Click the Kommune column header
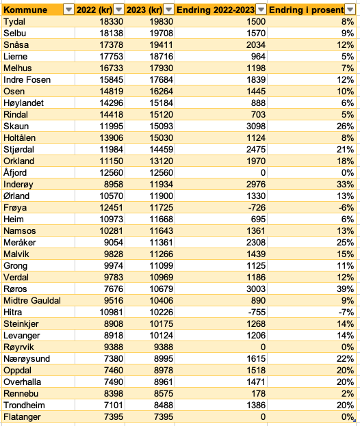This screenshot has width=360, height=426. click(x=25, y=10)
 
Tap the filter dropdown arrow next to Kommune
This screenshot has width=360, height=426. click(x=68, y=10)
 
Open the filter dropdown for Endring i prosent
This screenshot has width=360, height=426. click(x=350, y=10)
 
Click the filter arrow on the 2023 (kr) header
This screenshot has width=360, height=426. click(x=168, y=10)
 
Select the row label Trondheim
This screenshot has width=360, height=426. click(x=24, y=405)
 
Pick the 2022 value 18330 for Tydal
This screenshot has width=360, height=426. click(x=111, y=22)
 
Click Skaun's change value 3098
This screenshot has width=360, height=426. click(x=256, y=127)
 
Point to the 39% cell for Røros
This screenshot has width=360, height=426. click(x=346, y=289)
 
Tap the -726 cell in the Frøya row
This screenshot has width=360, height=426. click(x=257, y=208)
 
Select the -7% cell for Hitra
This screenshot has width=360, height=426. click(x=346, y=312)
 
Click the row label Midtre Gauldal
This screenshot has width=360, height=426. click(x=32, y=301)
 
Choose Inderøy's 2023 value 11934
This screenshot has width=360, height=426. click(x=162, y=185)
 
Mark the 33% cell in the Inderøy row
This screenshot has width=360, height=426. click(x=346, y=185)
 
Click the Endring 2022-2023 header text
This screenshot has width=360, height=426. click(x=216, y=10)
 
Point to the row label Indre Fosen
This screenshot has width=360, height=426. click(x=27, y=80)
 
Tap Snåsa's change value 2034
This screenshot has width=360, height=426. click(x=256, y=45)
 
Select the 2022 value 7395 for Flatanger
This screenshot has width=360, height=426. click(x=114, y=416)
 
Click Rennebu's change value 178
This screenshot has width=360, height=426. click(x=259, y=394)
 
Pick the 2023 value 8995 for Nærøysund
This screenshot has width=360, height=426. click(x=164, y=359)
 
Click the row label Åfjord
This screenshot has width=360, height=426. click(x=15, y=173)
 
